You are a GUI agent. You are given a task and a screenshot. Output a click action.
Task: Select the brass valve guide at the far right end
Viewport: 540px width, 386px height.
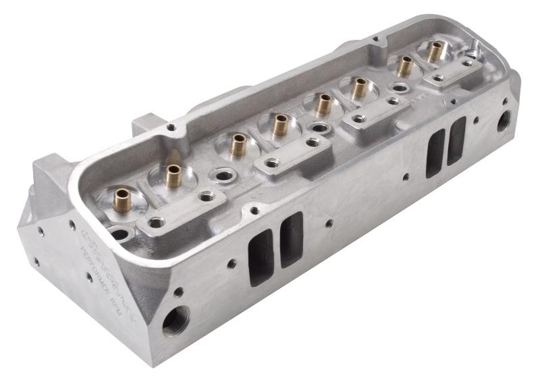coord(435,50)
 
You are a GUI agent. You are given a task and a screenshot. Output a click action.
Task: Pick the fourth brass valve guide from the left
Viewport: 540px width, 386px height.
coord(279,123)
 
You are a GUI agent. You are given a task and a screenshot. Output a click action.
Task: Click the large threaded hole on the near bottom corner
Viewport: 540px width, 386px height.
coord(176,321)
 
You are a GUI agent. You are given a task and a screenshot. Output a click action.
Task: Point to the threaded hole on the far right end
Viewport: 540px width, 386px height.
coord(504,121)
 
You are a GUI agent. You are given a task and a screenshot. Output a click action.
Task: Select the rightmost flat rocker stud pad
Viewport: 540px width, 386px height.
coord(452,72)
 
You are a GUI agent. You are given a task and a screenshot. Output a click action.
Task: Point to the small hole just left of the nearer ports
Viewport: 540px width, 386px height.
coord(232,264)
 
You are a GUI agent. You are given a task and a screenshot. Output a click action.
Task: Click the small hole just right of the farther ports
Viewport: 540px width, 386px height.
coord(476,120)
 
